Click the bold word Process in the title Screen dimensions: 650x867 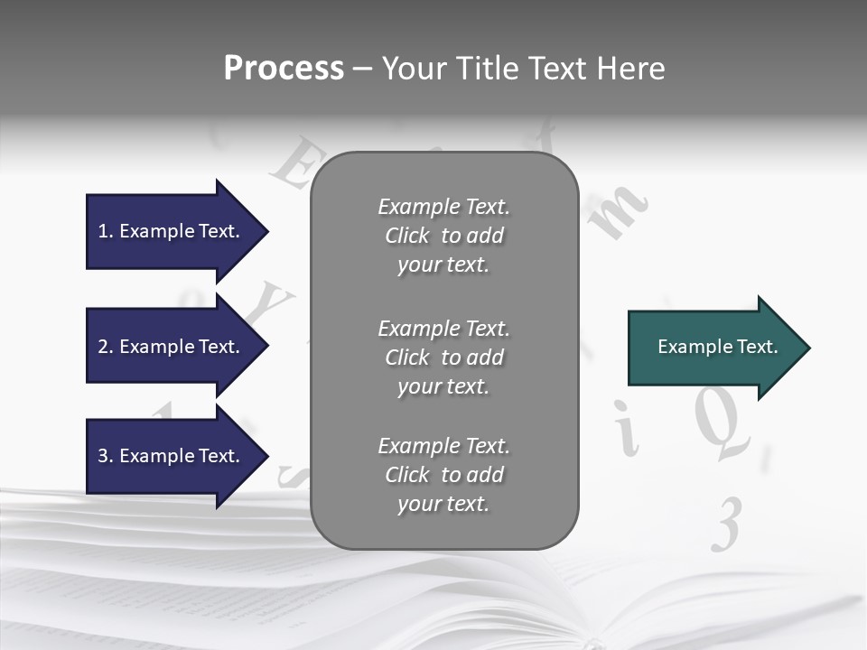pyautogui.click(x=284, y=69)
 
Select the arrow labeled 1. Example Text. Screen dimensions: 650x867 pyautogui.click(x=172, y=231)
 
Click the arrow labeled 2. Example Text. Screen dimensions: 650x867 pyautogui.click(x=172, y=347)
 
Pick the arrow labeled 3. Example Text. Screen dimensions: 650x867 pyautogui.click(x=172, y=456)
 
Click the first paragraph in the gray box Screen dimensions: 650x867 pyautogui.click(x=443, y=236)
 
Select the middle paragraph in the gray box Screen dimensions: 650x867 pyautogui.click(x=443, y=357)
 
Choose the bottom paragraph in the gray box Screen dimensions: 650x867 pyautogui.click(x=443, y=475)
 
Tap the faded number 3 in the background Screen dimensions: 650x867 pyautogui.click(x=727, y=525)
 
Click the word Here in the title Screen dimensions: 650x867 pyautogui.click(x=630, y=69)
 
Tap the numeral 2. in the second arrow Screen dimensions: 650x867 pyautogui.click(x=105, y=347)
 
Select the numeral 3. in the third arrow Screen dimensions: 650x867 pyautogui.click(x=105, y=456)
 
